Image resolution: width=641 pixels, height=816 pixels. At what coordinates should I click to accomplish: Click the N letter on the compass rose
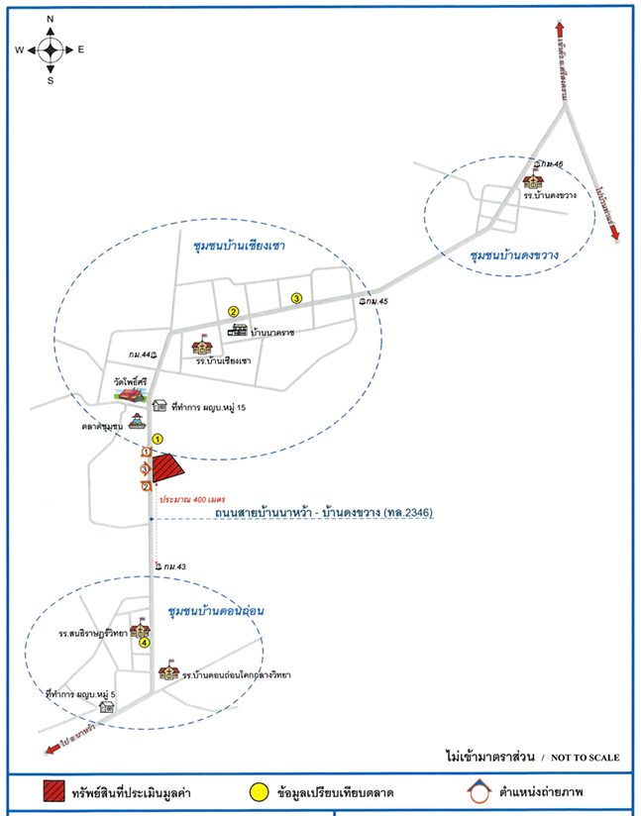click(x=51, y=19)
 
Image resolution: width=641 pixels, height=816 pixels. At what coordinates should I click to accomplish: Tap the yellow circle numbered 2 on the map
click(x=234, y=312)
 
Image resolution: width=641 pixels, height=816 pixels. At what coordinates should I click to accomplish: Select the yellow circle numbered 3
click(x=295, y=298)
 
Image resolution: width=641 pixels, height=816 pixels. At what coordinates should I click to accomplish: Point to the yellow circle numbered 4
click(x=145, y=643)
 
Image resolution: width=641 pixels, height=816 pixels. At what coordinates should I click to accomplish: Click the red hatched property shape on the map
click(x=166, y=469)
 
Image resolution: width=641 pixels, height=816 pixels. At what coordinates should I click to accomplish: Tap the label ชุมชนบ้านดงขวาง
click(x=515, y=255)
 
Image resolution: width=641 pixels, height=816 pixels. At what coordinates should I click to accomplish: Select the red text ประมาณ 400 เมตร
click(x=194, y=499)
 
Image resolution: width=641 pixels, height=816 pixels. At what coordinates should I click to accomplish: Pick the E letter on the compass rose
click(x=81, y=50)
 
